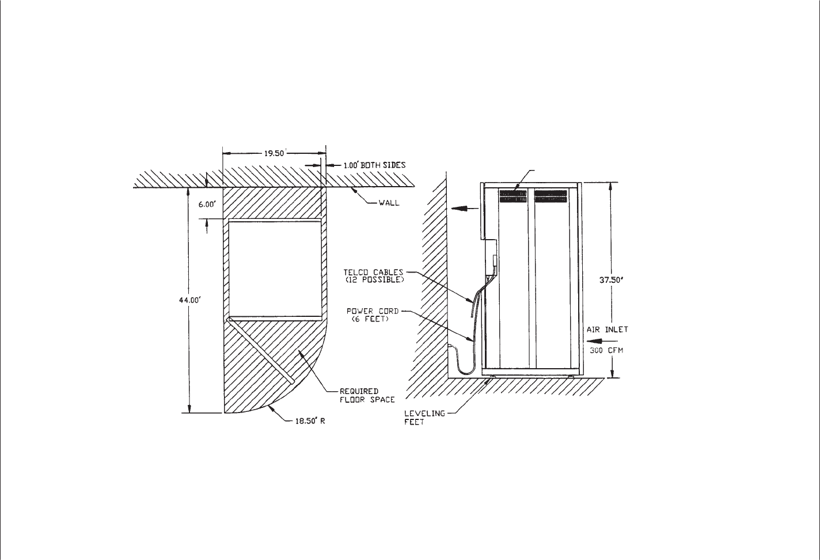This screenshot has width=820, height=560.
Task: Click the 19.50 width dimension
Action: (274, 153)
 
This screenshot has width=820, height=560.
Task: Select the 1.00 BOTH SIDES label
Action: (374, 165)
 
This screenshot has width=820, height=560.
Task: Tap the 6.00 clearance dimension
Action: (207, 205)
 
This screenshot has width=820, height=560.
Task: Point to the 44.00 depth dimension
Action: (190, 300)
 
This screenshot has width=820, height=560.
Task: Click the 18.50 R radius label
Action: (310, 421)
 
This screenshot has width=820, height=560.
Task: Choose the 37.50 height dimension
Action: (611, 280)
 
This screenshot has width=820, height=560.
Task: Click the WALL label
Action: (389, 203)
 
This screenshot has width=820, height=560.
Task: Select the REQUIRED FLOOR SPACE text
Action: (367, 396)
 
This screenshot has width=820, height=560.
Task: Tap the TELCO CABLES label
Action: (373, 272)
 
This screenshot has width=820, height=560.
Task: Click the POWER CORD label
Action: (373, 311)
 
